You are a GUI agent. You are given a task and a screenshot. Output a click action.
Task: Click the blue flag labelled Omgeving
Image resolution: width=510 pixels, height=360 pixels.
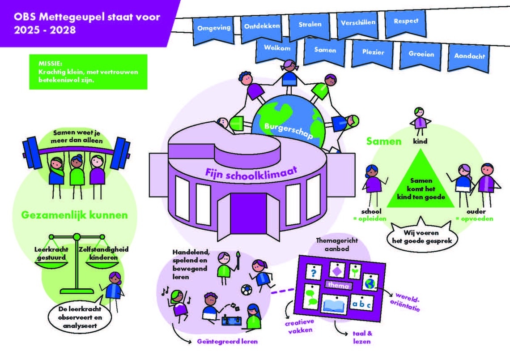214,28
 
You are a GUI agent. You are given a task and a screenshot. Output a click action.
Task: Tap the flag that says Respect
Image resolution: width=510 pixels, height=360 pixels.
406,21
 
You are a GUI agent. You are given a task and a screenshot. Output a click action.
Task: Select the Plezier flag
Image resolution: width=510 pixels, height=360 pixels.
373,52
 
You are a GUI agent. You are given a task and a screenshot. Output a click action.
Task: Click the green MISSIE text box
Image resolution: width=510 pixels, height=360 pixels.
88,72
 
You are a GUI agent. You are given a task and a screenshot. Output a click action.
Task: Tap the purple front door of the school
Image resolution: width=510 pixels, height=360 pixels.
249,211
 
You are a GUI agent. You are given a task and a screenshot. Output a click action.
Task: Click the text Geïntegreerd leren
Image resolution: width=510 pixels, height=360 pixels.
228,342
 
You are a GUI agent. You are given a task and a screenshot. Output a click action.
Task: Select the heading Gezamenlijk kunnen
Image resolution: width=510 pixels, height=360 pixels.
75,215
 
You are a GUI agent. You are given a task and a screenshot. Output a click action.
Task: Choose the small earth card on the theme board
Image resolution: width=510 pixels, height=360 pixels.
369,283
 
